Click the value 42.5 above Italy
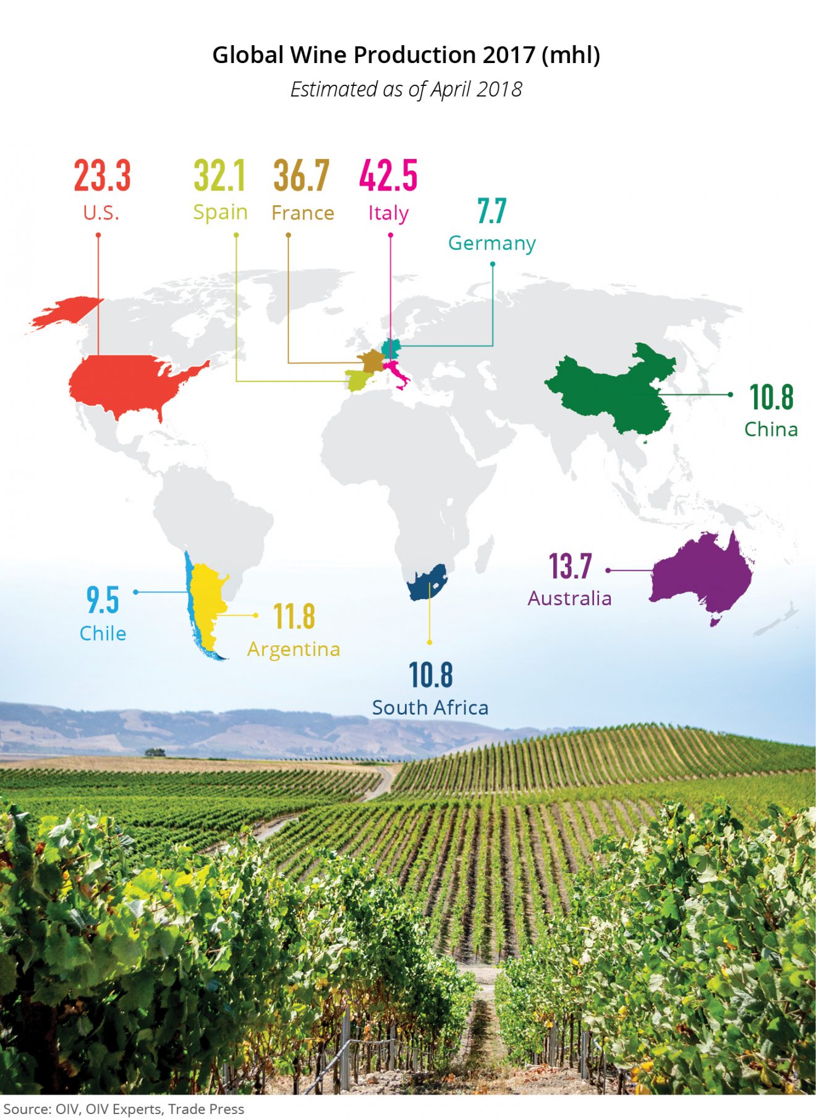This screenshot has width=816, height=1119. pos(388,176)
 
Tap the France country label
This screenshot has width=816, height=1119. pos(302,213)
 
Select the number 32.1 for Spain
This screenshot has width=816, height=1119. pos(219,176)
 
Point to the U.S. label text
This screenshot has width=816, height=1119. pos(101,213)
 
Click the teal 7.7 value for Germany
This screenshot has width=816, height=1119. pos(492,211)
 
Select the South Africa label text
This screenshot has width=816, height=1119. pos(430,707)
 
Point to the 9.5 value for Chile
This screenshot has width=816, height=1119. pos(103,600)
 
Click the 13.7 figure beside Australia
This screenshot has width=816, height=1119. pos(571,566)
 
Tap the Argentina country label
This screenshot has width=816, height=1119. pos(294,649)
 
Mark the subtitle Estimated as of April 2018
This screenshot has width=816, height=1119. pos(406,90)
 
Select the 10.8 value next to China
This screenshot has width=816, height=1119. pos(771,397)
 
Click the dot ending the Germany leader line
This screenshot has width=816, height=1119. pos(493,264)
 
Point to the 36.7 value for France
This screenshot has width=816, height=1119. pos(302,176)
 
